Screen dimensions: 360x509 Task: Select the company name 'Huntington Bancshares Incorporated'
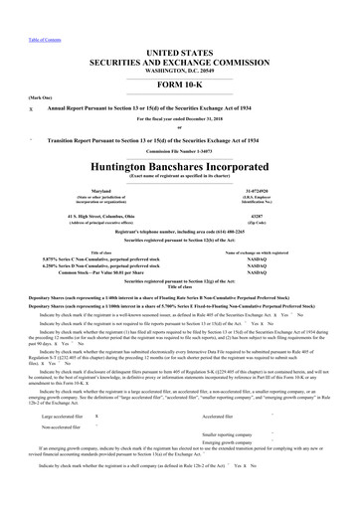point(179,166)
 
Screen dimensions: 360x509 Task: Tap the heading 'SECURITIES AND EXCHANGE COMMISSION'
point(180,59)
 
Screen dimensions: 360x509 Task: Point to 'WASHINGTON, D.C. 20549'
point(180,69)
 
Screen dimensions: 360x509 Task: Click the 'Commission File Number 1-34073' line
point(180,149)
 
